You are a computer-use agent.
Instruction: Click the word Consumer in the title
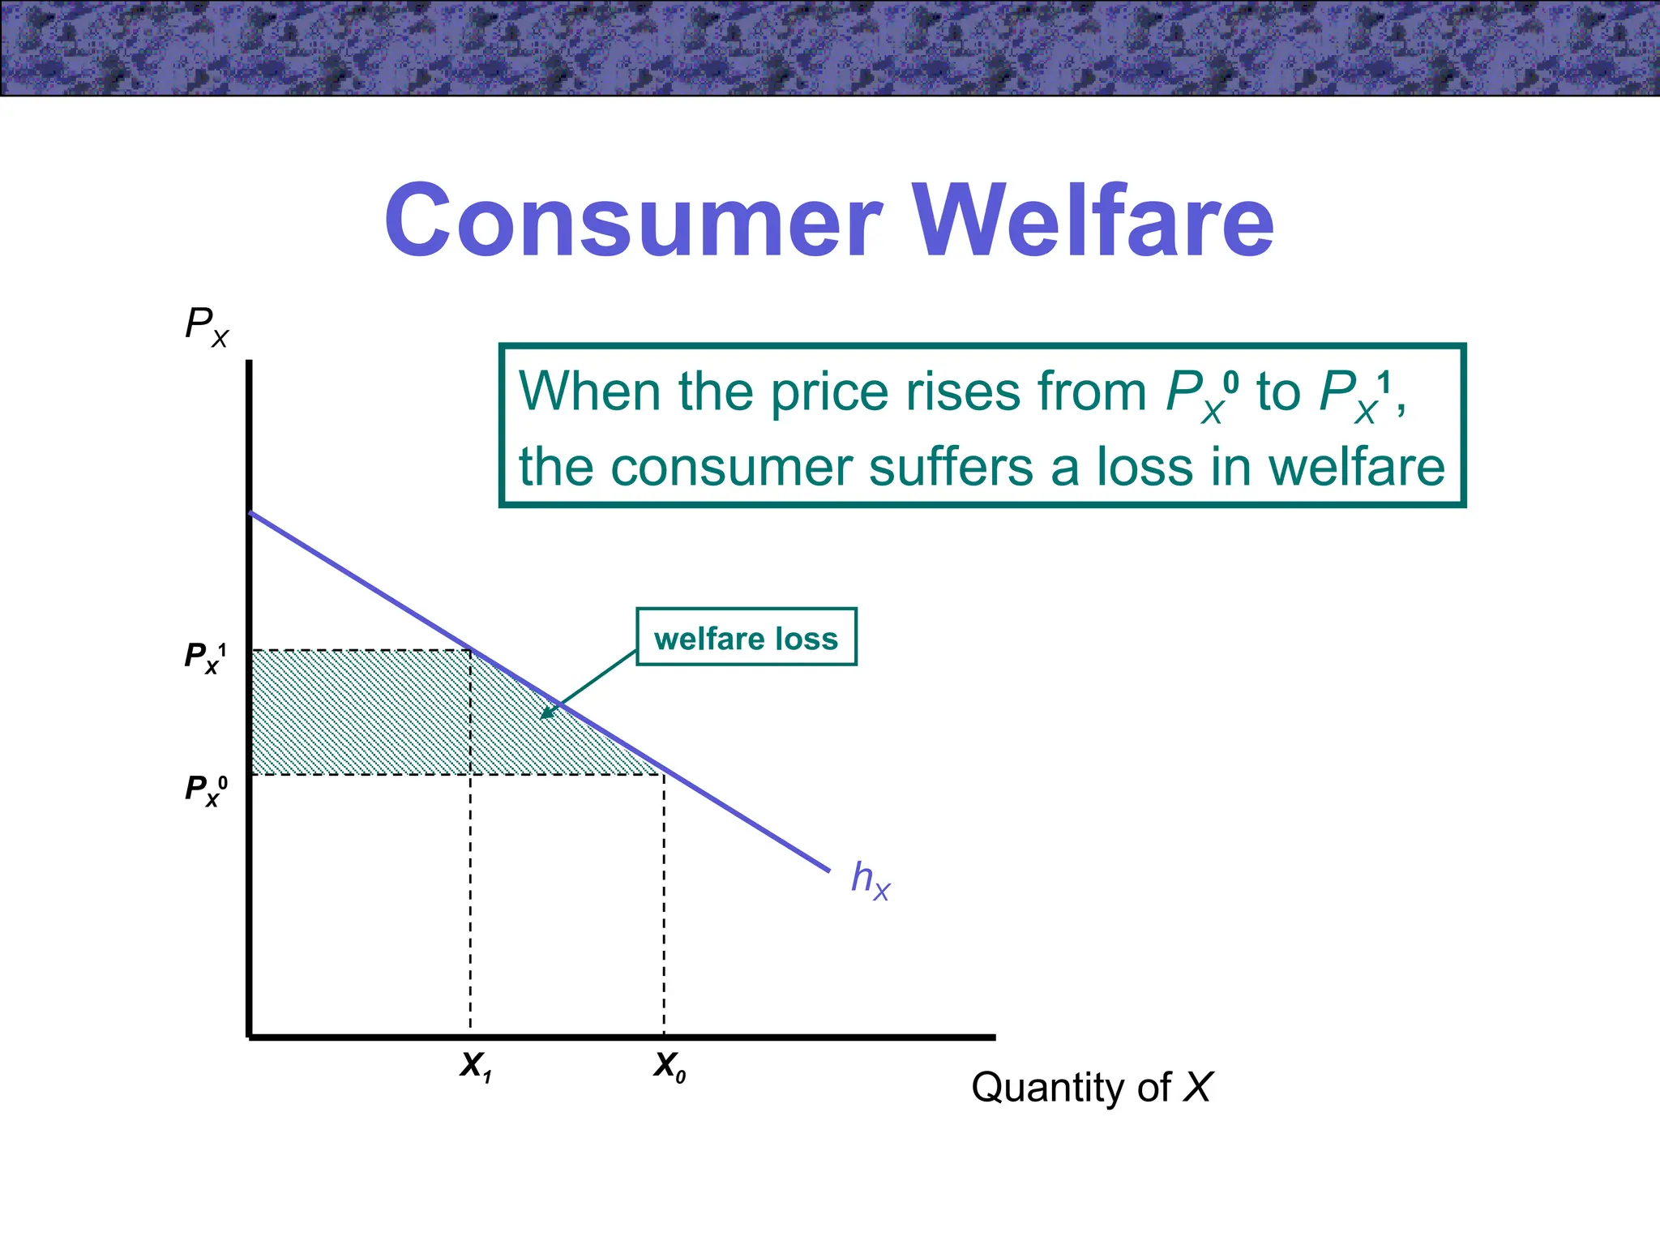[x=633, y=220]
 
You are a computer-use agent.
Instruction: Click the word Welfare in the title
[x=1093, y=220]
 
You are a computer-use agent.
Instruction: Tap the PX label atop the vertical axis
[x=206, y=325]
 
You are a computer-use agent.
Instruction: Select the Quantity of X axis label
[x=1091, y=1087]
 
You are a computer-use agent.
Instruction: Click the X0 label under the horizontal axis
[x=670, y=1066]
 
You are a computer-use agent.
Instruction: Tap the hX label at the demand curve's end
[x=870, y=879]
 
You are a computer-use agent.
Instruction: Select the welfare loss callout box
[x=746, y=638]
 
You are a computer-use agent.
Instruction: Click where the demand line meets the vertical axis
[x=250, y=512]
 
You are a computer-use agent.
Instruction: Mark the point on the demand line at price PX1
[x=471, y=650]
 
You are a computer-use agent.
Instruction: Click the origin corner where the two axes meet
[x=250, y=1036]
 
